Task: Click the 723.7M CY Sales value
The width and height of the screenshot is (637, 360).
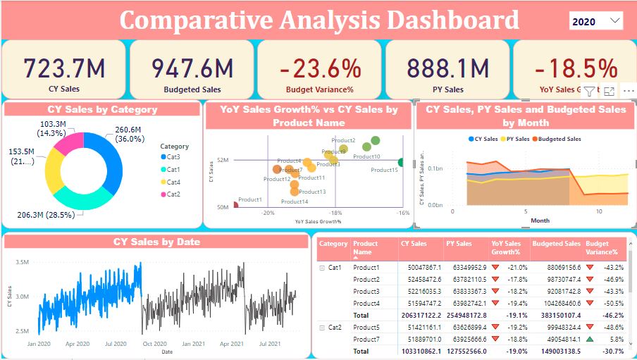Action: pos(64,68)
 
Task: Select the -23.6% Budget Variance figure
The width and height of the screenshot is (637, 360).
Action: pos(319,68)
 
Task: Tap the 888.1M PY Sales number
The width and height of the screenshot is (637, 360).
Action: pos(447,68)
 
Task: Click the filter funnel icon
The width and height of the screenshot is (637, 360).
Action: pos(590,91)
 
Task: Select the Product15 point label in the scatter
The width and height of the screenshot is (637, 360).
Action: pos(385,170)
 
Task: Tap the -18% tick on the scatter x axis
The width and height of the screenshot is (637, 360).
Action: pos(335,213)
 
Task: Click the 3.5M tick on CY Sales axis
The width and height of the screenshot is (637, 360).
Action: pos(21,262)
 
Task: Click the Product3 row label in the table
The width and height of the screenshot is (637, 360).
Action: pos(366,291)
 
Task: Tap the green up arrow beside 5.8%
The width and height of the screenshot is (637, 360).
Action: pos(589,339)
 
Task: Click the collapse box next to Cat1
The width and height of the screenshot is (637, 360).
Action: pos(322,268)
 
